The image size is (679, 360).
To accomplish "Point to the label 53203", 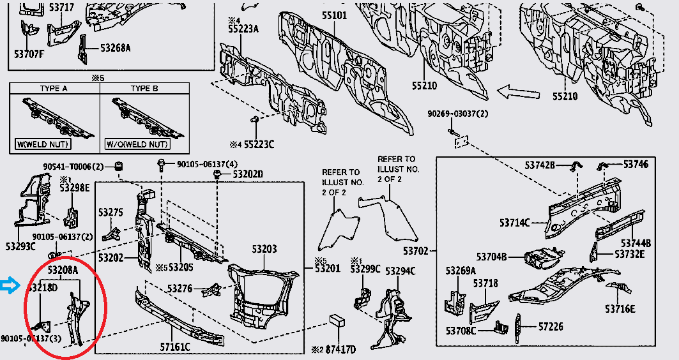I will [264, 248].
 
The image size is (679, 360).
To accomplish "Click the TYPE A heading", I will [54, 88].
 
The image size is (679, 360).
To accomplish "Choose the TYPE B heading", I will [144, 88].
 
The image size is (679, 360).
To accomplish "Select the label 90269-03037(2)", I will [458, 114].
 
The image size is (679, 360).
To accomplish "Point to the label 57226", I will [551, 326].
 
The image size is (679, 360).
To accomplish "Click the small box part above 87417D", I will [337, 320].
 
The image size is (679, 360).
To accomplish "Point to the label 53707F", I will [29, 54].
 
